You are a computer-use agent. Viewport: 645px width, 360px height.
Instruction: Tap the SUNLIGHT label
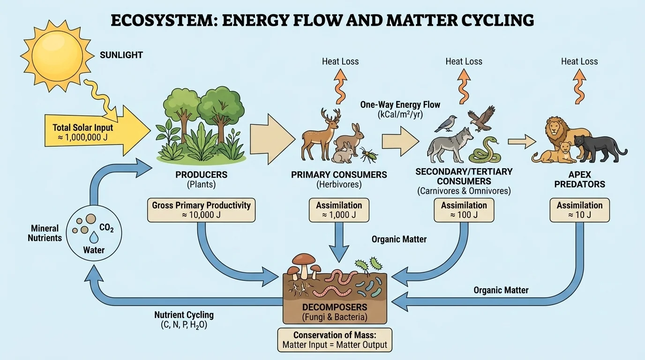coord(121,55)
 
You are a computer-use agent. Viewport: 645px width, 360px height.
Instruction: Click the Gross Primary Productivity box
coord(201,210)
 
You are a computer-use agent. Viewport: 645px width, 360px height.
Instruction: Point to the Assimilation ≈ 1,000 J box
coord(339,210)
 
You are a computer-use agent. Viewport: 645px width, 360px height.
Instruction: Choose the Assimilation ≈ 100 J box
coord(464,210)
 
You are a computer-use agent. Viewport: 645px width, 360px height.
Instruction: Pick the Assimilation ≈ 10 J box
coord(579,210)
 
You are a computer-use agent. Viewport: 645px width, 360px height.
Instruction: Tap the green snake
coord(485,150)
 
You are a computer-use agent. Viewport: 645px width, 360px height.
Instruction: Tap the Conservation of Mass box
coord(335,340)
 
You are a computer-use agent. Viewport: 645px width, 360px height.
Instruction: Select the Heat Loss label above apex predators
coord(579,61)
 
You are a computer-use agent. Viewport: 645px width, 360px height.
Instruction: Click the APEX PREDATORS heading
coord(579,180)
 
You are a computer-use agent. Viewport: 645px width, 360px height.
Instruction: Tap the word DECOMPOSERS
coord(335,307)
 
